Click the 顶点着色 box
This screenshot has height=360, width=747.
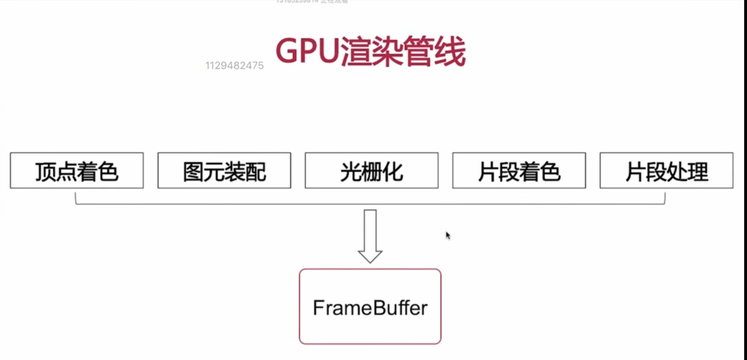(x=77, y=171)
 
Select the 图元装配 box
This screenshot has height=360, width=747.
(x=224, y=171)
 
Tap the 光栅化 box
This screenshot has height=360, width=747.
(x=372, y=171)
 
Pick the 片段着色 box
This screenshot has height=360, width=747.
(x=519, y=171)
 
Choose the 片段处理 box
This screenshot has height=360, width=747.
(x=667, y=171)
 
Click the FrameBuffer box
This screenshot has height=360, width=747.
(x=370, y=307)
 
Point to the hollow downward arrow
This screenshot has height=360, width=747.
(x=370, y=236)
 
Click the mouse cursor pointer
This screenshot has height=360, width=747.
(x=448, y=235)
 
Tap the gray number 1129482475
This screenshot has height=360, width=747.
(x=235, y=66)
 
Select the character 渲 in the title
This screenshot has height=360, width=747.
(x=356, y=51)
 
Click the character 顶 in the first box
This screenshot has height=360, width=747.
(x=46, y=172)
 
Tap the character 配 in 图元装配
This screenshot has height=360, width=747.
(x=256, y=172)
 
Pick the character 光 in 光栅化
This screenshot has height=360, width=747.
(x=351, y=172)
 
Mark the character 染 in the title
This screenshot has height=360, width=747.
(x=388, y=51)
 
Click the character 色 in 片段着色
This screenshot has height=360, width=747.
(x=551, y=172)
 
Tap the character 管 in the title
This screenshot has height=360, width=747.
(x=418, y=51)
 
